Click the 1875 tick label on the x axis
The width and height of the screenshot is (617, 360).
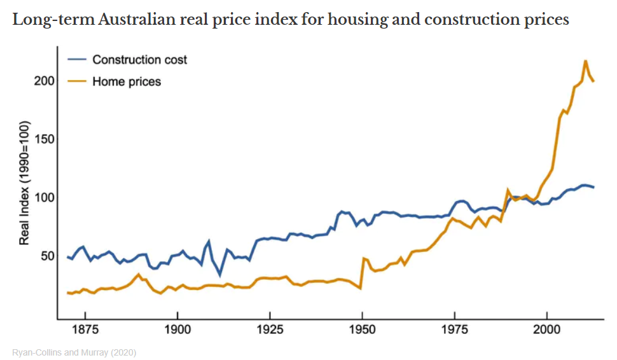[x=85, y=331]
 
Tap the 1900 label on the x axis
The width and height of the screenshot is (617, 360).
[x=177, y=331]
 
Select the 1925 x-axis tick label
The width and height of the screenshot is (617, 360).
[x=270, y=331]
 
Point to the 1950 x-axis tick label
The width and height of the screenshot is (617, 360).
[x=362, y=331]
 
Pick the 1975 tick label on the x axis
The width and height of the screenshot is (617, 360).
[x=454, y=331]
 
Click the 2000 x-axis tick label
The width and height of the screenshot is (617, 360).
[x=546, y=331]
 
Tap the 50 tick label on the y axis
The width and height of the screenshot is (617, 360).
[x=46, y=256]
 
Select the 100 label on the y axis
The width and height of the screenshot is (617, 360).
[x=43, y=197]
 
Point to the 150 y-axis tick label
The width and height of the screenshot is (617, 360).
[x=43, y=139]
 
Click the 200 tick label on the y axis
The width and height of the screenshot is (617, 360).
[x=43, y=81]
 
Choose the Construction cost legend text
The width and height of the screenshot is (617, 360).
[x=140, y=60]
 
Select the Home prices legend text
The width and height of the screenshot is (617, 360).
[x=127, y=81]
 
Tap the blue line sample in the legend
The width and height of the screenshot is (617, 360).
[x=77, y=60]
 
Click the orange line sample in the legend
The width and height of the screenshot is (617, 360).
[x=77, y=81]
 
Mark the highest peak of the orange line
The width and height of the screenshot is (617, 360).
[x=585, y=61]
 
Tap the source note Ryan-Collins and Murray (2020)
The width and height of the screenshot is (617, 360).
[x=74, y=352]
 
